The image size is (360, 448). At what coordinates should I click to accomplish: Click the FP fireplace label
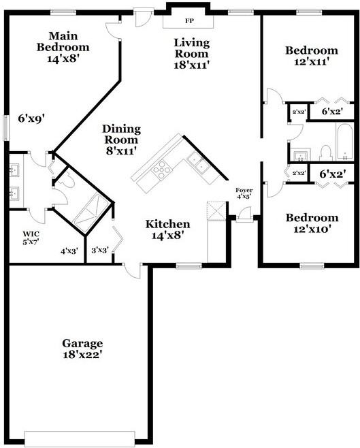189,21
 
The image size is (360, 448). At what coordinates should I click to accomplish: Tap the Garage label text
82,343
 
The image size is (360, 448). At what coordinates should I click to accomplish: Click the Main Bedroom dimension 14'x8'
63,59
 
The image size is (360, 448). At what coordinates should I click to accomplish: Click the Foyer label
243,190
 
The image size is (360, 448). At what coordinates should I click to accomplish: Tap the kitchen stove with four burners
161,168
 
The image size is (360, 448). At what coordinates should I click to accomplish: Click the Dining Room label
121,133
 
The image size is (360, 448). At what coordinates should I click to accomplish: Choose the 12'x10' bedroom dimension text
311,230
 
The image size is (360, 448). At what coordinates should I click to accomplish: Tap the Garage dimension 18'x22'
82,355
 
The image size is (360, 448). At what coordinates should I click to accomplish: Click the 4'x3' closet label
69,251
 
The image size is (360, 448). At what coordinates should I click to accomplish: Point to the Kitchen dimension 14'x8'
167,236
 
